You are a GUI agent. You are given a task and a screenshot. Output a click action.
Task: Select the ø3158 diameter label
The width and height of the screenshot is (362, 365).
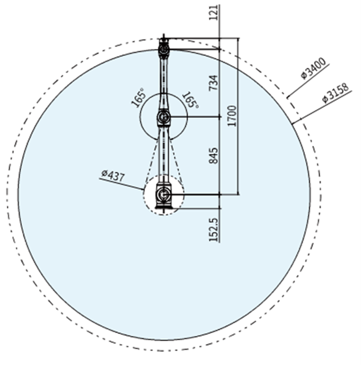[x=336, y=92]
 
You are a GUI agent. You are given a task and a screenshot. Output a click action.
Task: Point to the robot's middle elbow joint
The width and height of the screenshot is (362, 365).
[x=164, y=116]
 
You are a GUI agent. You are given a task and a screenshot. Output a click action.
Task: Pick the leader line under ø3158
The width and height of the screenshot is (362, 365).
[x=322, y=107]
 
